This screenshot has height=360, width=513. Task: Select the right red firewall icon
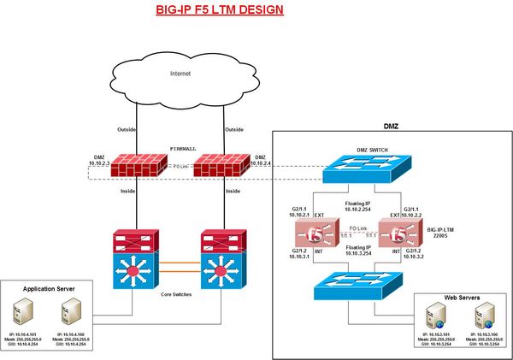coord(221,167)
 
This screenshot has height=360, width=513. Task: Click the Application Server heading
coord(56,290)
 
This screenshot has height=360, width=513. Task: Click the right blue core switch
coord(221,269)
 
